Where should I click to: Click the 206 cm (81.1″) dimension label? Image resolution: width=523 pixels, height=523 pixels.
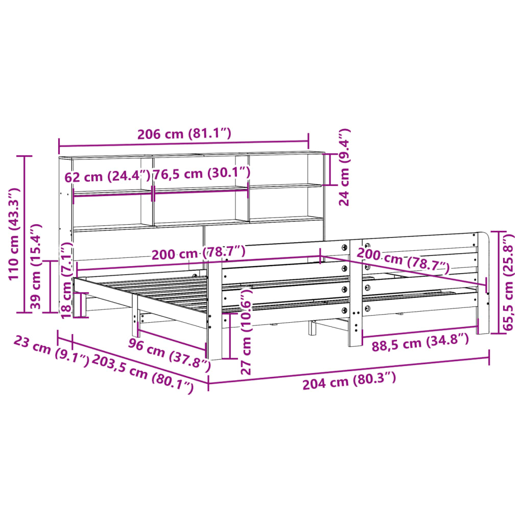pos(184,134)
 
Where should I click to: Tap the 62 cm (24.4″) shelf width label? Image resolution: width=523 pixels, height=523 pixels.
pos(107,177)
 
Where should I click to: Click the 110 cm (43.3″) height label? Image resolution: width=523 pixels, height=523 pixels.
pos(14,233)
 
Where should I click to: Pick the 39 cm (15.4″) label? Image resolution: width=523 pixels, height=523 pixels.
pos(35,267)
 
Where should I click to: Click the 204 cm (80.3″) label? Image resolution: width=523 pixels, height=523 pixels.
pos(349,381)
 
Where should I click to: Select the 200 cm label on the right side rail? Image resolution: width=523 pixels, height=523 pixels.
pos(403,260)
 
